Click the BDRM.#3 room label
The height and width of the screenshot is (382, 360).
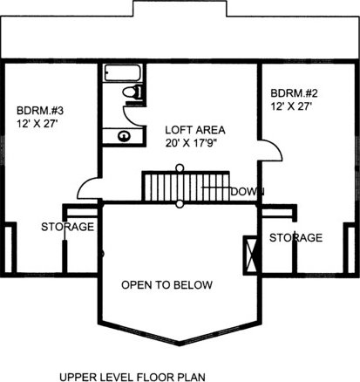tap(40, 111)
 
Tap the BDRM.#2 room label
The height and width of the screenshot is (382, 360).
tap(294, 93)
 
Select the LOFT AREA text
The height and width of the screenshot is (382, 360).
tap(195, 130)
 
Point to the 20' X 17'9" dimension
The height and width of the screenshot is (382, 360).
tap(192, 143)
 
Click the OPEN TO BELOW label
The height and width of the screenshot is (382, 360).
tap(166, 285)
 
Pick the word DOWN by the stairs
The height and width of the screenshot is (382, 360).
tap(248, 192)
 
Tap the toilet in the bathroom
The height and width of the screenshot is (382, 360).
tap(132, 92)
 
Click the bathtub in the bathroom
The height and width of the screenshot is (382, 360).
tap(123, 72)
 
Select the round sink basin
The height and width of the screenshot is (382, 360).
tap(124, 136)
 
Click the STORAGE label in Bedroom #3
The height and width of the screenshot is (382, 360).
tap(68, 227)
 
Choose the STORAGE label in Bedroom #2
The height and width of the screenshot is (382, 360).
tap(295, 238)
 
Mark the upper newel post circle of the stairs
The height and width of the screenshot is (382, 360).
tap(180, 167)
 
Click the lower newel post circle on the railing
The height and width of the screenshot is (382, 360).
tap(180, 204)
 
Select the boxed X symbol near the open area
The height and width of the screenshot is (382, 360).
tap(250, 256)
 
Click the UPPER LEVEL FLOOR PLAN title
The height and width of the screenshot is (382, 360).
tap(132, 377)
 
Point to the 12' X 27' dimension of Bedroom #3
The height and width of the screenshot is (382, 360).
tap(36, 124)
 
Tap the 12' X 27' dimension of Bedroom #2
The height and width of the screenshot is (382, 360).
tap(291, 106)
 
